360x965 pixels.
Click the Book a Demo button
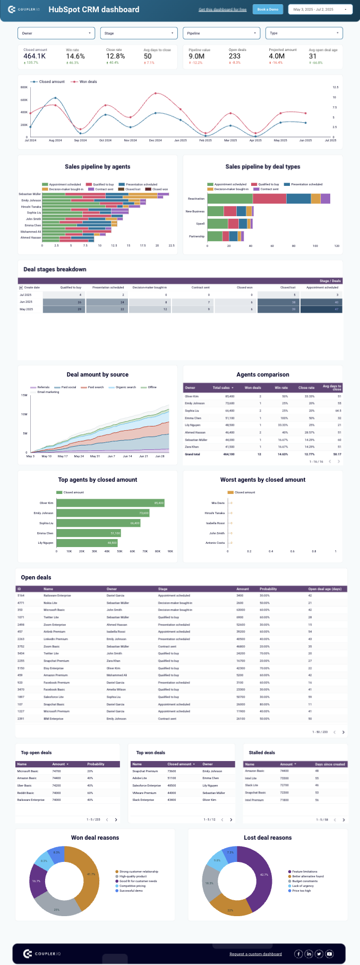tap(268, 10)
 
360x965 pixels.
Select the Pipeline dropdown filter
tap(221, 33)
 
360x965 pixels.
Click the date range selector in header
tap(320, 10)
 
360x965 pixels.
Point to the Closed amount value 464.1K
tap(35, 56)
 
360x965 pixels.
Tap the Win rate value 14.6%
tap(75, 56)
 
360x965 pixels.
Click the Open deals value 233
tap(235, 56)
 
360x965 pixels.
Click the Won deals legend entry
tap(88, 82)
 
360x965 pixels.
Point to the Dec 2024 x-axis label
tap(155, 141)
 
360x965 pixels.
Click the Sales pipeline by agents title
tap(98, 167)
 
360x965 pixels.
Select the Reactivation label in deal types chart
tap(196, 199)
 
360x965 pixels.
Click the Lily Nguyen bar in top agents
tap(87, 543)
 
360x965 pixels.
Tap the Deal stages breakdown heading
tap(55, 269)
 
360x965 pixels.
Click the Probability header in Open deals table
tap(268, 589)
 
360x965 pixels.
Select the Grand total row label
tap(192, 454)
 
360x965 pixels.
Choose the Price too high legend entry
tap(301, 891)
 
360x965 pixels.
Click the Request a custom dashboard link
tap(255, 954)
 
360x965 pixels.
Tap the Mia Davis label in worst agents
tap(218, 503)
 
